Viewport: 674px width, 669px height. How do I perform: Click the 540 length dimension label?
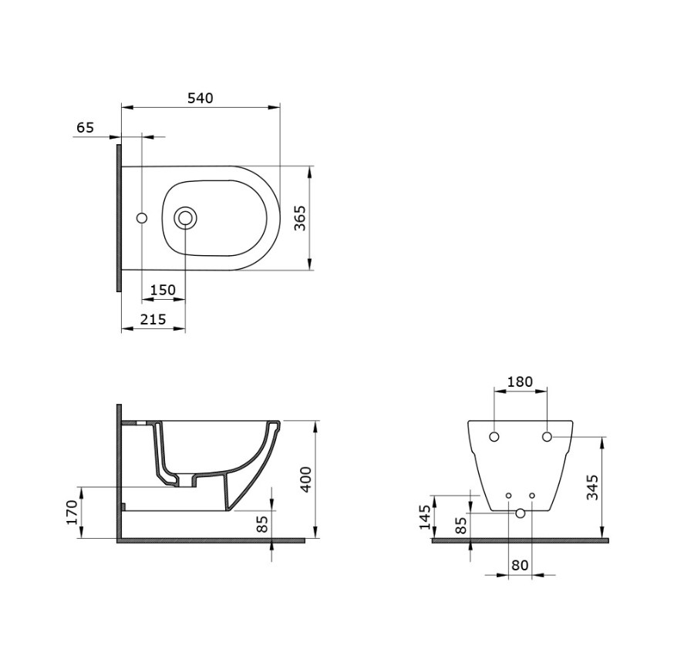click(201, 99)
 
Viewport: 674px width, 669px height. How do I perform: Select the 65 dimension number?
click(85, 128)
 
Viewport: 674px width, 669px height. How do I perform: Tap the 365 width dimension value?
click(300, 218)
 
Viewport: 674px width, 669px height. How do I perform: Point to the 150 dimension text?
click(163, 290)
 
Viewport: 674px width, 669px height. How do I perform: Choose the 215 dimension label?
click(153, 319)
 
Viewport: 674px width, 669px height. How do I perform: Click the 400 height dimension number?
click(305, 479)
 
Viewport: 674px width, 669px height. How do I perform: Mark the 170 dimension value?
click(72, 513)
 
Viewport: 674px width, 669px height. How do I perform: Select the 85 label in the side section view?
click(261, 524)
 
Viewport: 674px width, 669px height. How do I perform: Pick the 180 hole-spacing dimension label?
click(520, 382)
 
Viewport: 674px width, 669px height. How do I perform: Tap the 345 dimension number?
click(593, 487)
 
